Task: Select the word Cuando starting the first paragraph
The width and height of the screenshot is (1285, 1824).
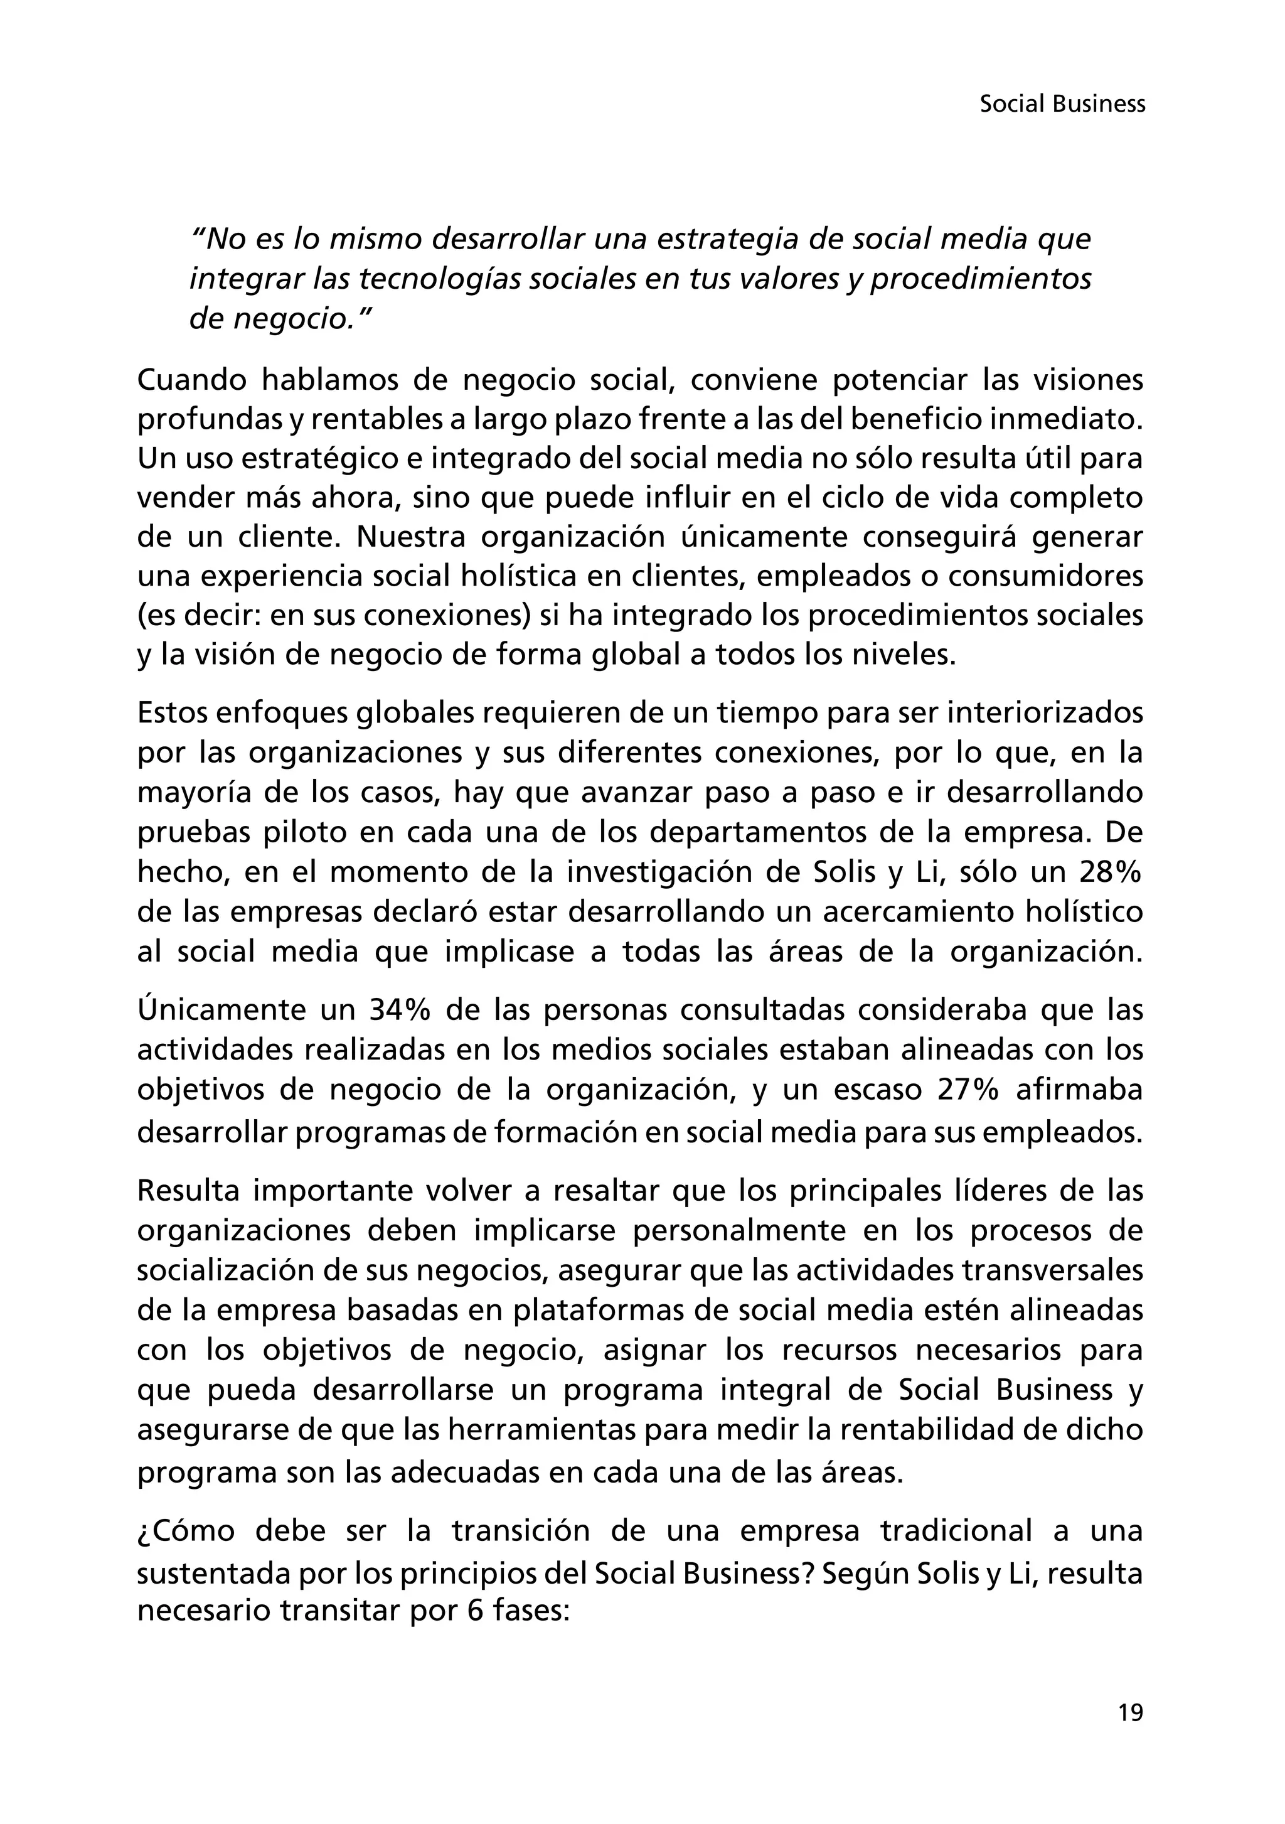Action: pyautogui.click(x=189, y=380)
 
